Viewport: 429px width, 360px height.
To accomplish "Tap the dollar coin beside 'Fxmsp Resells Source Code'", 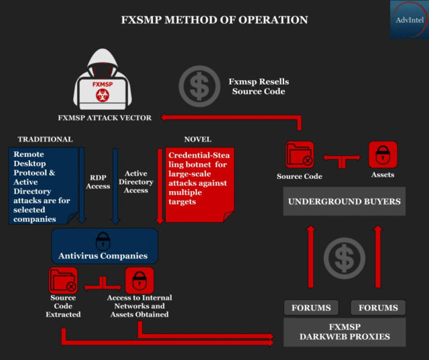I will coord(198,86).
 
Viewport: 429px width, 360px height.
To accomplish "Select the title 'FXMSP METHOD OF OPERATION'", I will coord(214,19).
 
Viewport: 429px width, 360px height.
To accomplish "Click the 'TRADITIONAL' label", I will coord(45,139).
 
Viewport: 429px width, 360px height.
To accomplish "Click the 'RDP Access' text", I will coord(98,182).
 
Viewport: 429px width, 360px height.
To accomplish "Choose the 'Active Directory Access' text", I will coord(136,181).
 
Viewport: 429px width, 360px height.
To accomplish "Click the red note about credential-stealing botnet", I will coord(198,183).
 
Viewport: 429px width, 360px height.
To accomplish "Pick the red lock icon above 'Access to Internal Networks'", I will coord(139,280).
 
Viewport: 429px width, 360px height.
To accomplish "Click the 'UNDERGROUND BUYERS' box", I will coord(344,201).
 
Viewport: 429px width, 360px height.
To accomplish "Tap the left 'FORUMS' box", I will coord(311,308).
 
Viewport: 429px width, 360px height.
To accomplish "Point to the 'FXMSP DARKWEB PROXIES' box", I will coord(345,331).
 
